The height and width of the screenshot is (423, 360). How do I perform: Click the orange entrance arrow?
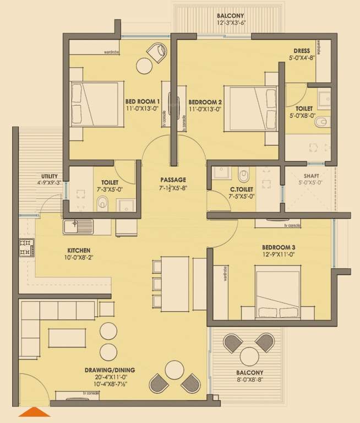point(35,412)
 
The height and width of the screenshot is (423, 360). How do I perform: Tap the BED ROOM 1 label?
point(143,102)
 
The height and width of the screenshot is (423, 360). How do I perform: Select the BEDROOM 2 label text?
point(205,102)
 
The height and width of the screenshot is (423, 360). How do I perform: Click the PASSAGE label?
point(173,180)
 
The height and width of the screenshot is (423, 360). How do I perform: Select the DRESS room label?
point(301,50)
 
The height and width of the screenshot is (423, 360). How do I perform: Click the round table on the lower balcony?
point(249,356)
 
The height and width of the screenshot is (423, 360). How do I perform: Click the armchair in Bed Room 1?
point(157,53)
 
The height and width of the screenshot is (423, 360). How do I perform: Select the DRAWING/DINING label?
point(110,370)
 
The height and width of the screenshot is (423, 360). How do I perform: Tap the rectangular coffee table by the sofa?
point(67,337)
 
